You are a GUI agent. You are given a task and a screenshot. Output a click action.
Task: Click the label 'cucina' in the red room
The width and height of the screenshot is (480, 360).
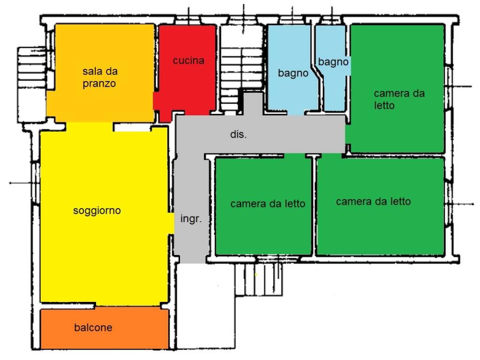188,60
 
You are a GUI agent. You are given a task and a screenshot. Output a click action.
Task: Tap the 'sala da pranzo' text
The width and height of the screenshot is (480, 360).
100,77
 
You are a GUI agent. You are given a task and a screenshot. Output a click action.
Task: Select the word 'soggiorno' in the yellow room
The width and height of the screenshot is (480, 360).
97,210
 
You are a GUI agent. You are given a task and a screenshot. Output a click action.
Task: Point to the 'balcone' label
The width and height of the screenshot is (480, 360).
93,328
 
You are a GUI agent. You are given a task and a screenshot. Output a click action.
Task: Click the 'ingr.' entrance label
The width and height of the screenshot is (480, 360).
191,219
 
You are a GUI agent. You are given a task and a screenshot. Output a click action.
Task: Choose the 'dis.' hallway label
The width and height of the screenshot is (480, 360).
238,134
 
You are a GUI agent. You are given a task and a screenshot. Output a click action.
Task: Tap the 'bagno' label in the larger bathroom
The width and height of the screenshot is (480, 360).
293,73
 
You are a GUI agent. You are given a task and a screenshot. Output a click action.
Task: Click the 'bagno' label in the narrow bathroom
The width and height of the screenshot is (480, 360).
333,62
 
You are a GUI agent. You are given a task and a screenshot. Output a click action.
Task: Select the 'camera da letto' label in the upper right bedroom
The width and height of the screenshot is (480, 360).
399,99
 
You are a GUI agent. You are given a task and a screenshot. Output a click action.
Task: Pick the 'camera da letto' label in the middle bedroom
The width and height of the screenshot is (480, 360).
268,203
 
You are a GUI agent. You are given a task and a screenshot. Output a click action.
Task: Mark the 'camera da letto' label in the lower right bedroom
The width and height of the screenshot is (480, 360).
374,202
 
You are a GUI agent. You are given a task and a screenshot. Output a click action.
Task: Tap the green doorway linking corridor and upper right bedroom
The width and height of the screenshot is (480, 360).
348,135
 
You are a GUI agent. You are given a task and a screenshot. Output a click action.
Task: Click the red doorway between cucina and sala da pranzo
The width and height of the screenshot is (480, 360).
156,101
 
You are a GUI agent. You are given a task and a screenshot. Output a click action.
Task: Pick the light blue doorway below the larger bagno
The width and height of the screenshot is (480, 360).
296,112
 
